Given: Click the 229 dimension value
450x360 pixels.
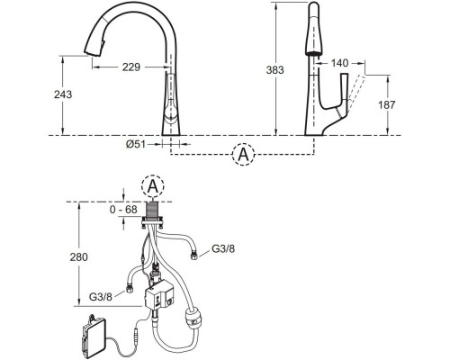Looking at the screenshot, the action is click(x=131, y=67).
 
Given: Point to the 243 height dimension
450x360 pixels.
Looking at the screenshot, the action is click(x=63, y=94).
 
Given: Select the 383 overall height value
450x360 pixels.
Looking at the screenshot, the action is click(x=274, y=70).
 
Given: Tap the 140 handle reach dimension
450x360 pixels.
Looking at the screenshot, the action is click(x=339, y=63).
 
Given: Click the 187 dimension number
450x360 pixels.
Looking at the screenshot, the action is click(x=386, y=105).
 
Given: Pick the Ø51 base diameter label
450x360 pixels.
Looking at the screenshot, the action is click(x=135, y=145).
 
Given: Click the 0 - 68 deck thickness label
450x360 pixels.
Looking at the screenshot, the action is click(x=123, y=210).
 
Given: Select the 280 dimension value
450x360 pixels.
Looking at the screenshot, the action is click(x=79, y=257).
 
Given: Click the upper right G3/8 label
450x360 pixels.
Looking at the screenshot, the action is click(x=223, y=248).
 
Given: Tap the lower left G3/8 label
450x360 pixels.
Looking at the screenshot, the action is click(x=101, y=297).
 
